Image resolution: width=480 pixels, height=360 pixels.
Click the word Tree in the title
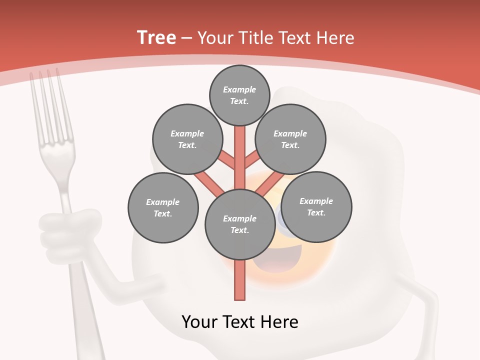tap(156, 38)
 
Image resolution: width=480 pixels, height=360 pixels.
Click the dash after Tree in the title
tap(186, 38)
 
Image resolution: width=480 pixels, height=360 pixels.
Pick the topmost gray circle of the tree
tap(239, 95)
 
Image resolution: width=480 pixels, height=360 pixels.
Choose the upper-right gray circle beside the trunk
tap(290, 139)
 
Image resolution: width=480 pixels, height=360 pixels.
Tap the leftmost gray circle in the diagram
tap(163, 208)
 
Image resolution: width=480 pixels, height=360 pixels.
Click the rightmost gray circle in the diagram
tap(316, 206)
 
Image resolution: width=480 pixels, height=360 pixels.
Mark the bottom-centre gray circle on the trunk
tap(240, 224)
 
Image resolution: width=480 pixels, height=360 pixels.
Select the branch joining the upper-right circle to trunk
tap(250, 160)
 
